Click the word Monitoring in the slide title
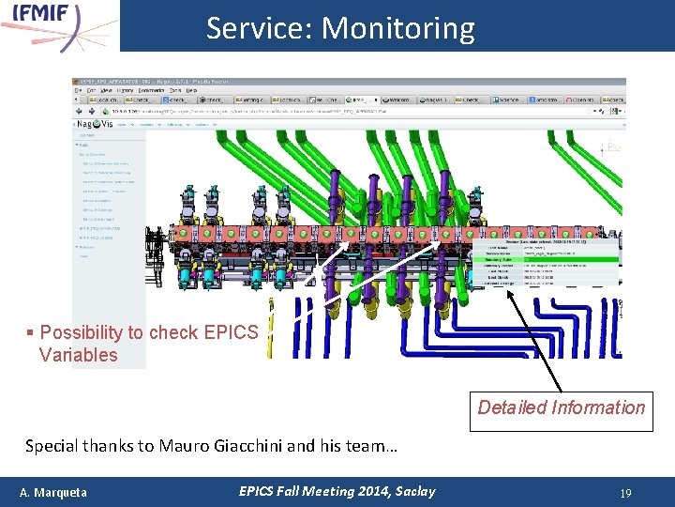[397, 29]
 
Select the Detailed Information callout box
[561, 407]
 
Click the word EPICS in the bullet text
[231, 332]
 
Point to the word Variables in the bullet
[79, 355]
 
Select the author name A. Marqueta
[53, 492]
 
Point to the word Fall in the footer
[290, 491]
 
